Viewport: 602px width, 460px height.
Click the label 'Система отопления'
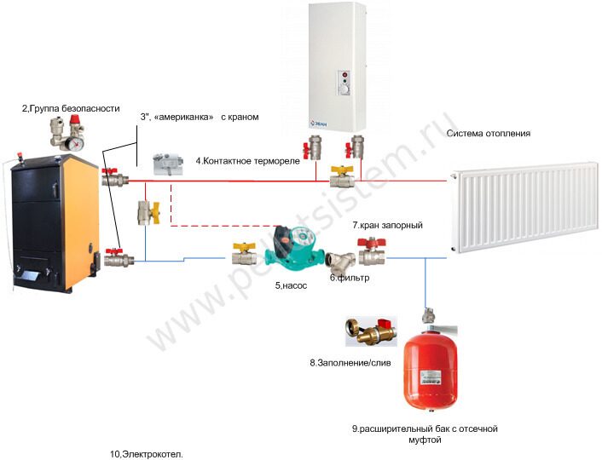point(488,134)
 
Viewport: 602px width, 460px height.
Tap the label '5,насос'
point(290,286)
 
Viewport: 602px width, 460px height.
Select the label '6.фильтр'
point(350,278)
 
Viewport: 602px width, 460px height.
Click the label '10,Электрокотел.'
point(147,454)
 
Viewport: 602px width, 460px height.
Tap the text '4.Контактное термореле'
point(248,161)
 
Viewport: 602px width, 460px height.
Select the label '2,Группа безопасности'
point(71,109)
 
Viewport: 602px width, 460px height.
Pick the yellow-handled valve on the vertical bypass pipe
point(145,211)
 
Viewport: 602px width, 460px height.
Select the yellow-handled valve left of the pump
point(243,252)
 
